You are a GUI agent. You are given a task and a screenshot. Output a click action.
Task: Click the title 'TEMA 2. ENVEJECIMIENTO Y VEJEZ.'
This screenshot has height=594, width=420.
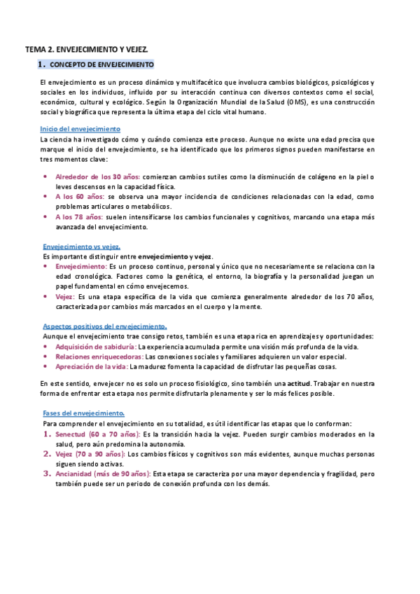pyautogui.click(x=87, y=50)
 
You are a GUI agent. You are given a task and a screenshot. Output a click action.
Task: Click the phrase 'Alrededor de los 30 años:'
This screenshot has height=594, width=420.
pyautogui.click(x=98, y=177)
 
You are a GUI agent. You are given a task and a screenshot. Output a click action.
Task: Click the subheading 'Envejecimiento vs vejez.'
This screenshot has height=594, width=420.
pyautogui.click(x=81, y=247)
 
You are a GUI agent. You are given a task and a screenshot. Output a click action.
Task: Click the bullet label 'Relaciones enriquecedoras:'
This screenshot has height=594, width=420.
pyautogui.click(x=97, y=357)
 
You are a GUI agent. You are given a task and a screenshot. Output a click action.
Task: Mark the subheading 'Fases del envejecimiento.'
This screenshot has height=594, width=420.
pyautogui.click(x=83, y=413)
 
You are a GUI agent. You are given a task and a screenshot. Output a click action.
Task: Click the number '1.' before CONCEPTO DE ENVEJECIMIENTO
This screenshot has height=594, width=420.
pyautogui.click(x=41, y=64)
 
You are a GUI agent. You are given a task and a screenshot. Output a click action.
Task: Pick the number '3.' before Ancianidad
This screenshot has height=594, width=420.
pyautogui.click(x=47, y=474)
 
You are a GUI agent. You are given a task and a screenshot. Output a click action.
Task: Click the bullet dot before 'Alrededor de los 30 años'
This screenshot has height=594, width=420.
pyautogui.click(x=46, y=177)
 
